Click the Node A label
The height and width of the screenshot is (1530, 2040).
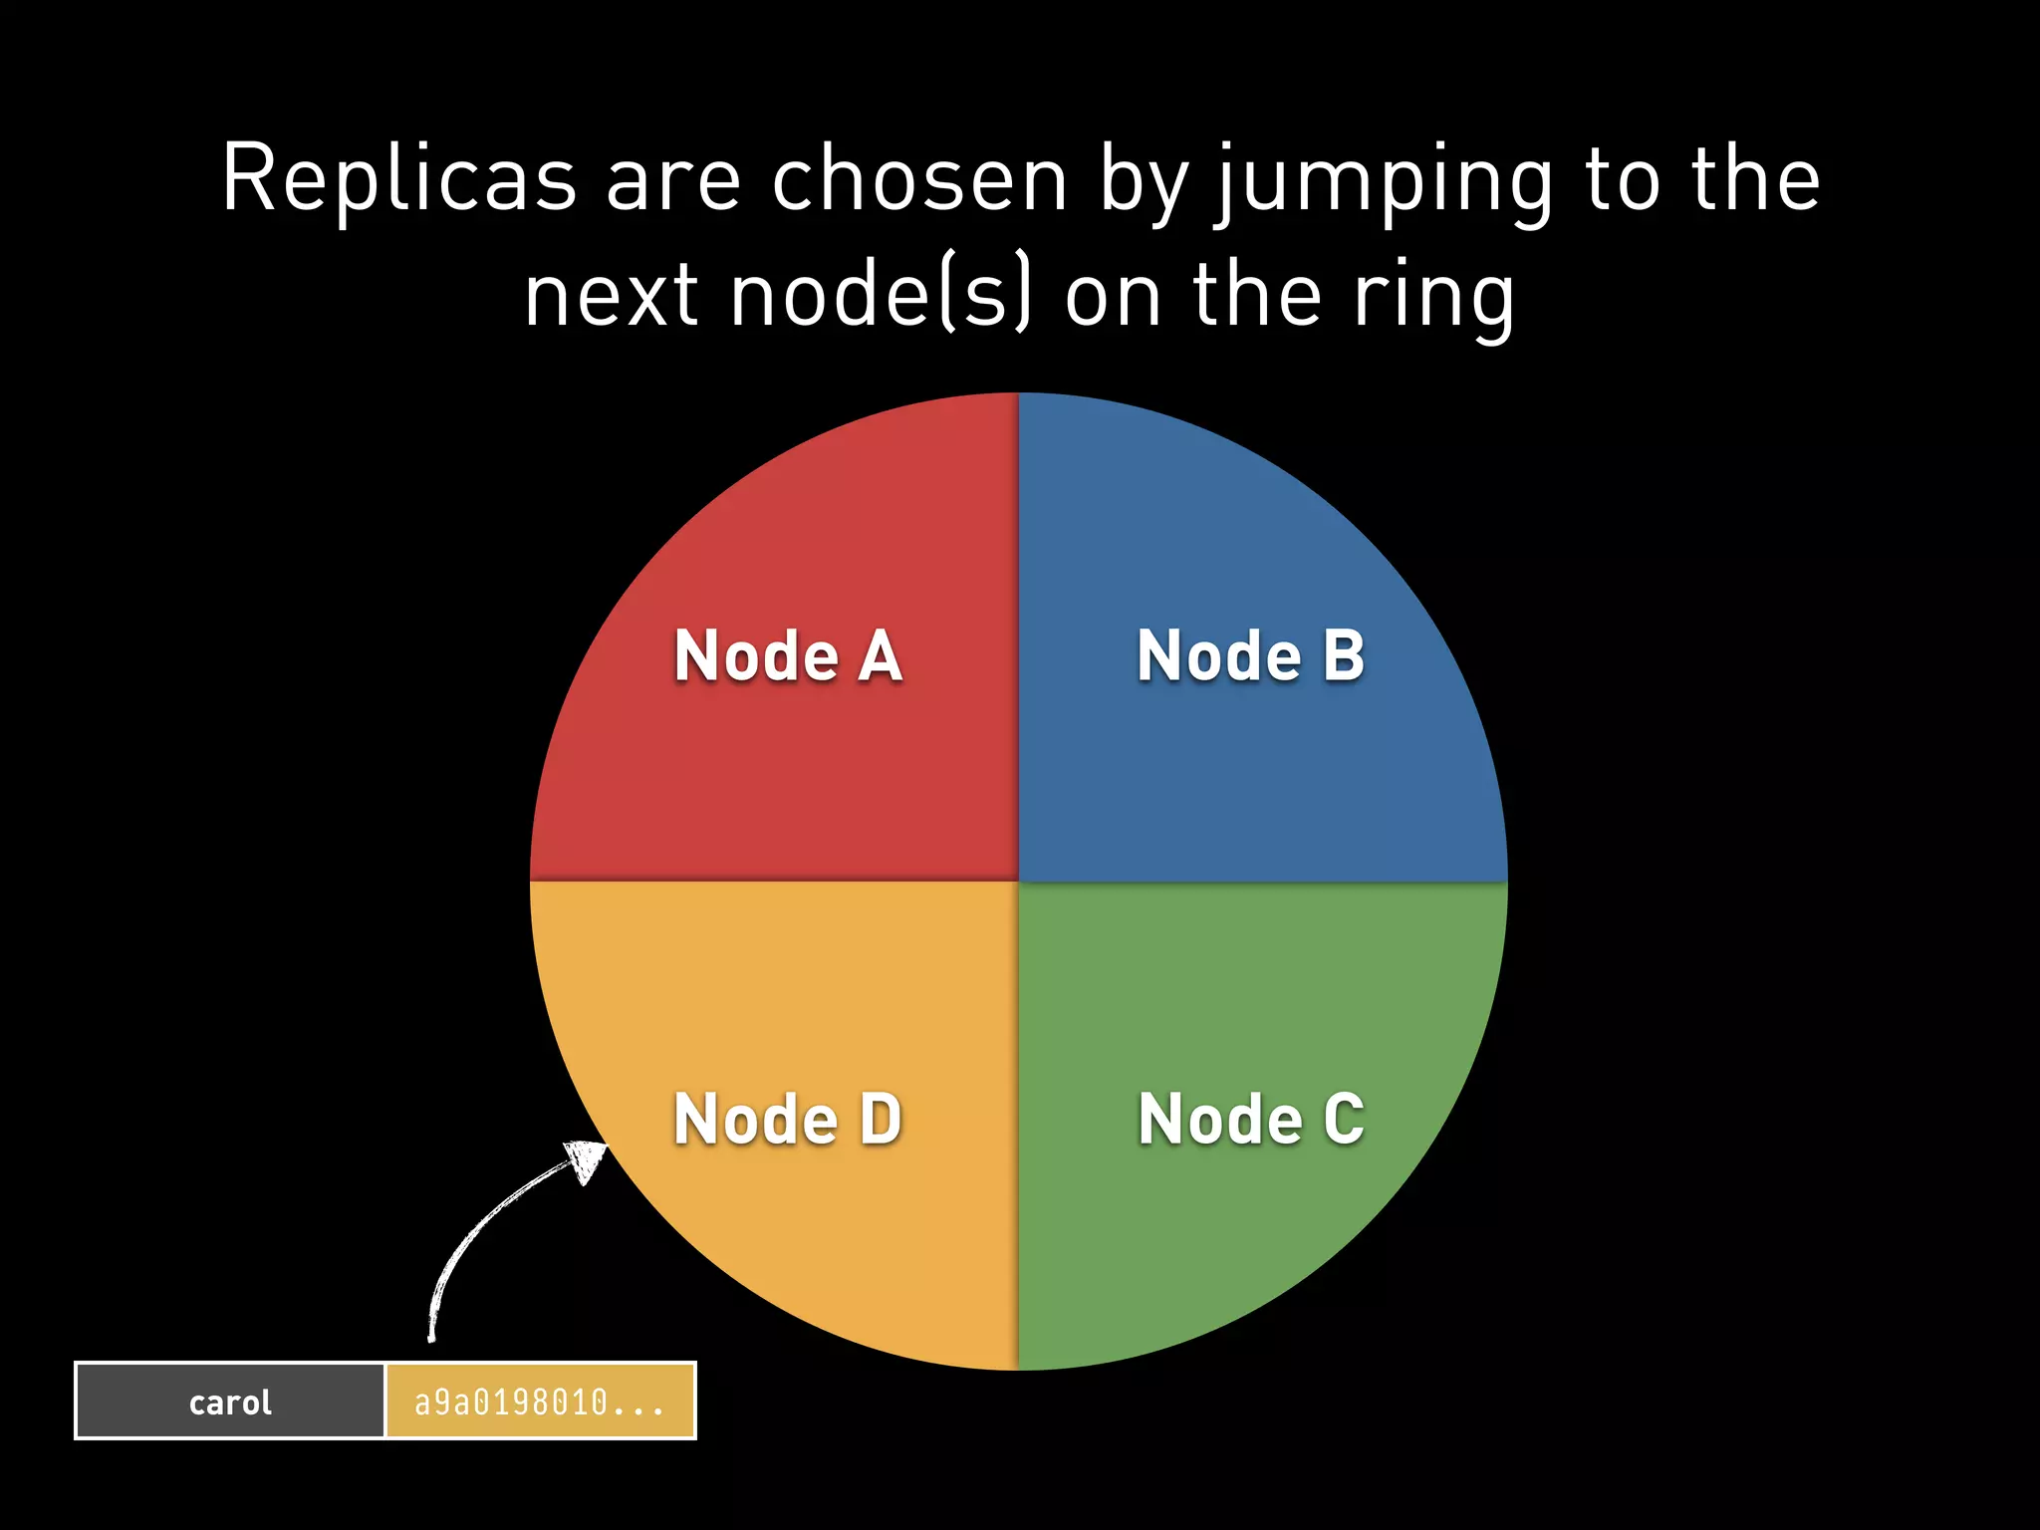click(x=788, y=655)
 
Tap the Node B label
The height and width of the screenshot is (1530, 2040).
click(x=1250, y=655)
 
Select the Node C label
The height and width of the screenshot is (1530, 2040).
click(x=1251, y=1119)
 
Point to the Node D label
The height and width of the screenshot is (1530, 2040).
click(x=788, y=1119)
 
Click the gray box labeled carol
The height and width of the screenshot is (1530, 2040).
click(x=230, y=1402)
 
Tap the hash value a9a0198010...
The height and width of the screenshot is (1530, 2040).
click(x=540, y=1402)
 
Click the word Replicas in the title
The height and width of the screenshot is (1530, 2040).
click(x=399, y=179)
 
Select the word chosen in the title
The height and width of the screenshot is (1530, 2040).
click(x=919, y=179)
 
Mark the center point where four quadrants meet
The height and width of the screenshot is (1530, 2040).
click(x=1018, y=882)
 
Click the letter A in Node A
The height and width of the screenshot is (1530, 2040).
click(x=881, y=655)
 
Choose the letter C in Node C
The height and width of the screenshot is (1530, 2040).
click(x=1344, y=1119)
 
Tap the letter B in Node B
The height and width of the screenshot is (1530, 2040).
click(x=1344, y=655)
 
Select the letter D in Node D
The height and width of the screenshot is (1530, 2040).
click(x=881, y=1119)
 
